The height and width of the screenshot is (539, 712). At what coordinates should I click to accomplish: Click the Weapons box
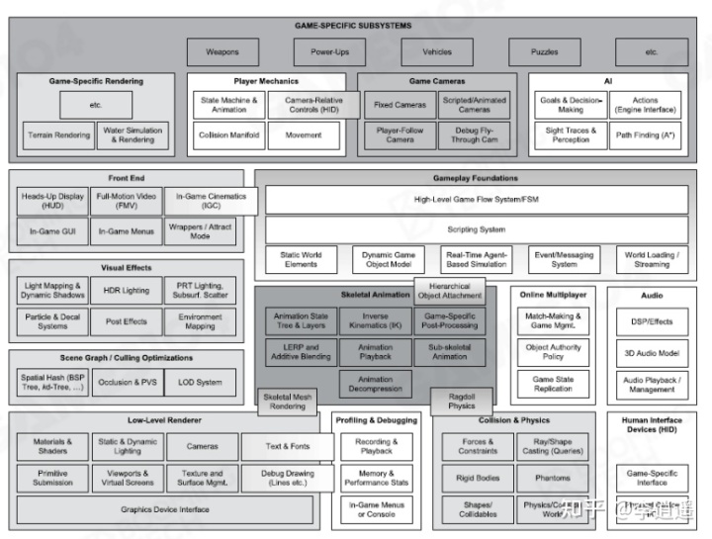(222, 52)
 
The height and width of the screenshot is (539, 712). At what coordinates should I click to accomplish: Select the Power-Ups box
(329, 52)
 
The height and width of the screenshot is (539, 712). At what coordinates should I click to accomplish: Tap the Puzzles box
(546, 52)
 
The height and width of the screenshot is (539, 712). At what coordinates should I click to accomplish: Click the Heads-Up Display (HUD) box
(52, 201)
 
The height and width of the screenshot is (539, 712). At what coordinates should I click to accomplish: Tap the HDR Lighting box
(127, 291)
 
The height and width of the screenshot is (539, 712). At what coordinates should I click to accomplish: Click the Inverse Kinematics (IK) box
(375, 321)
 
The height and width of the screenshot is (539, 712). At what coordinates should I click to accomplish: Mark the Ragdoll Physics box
(461, 401)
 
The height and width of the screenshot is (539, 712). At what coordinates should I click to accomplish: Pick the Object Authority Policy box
(552, 353)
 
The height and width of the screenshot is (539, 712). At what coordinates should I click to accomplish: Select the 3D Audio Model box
(651, 353)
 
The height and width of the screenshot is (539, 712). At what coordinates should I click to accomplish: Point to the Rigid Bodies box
(478, 479)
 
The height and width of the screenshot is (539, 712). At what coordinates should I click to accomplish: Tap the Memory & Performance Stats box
(376, 479)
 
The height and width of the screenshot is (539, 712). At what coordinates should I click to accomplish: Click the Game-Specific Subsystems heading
(353, 25)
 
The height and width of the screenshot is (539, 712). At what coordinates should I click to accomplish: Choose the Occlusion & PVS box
(127, 383)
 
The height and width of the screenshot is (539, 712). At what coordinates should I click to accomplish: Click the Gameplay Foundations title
(475, 178)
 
